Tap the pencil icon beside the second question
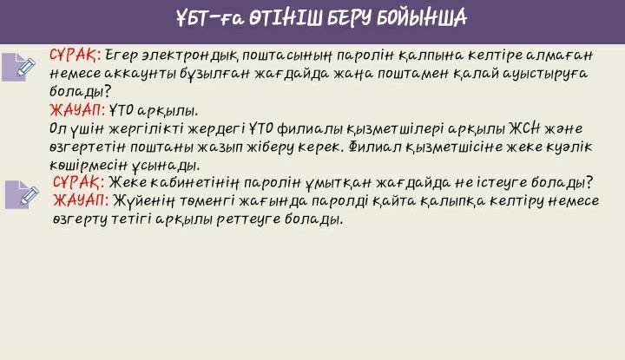coord(23,194)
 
